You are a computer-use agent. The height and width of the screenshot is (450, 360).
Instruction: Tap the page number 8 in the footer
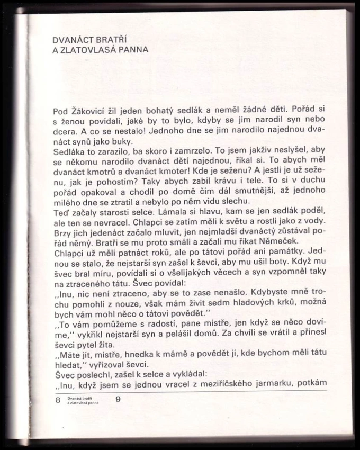click(x=58, y=400)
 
